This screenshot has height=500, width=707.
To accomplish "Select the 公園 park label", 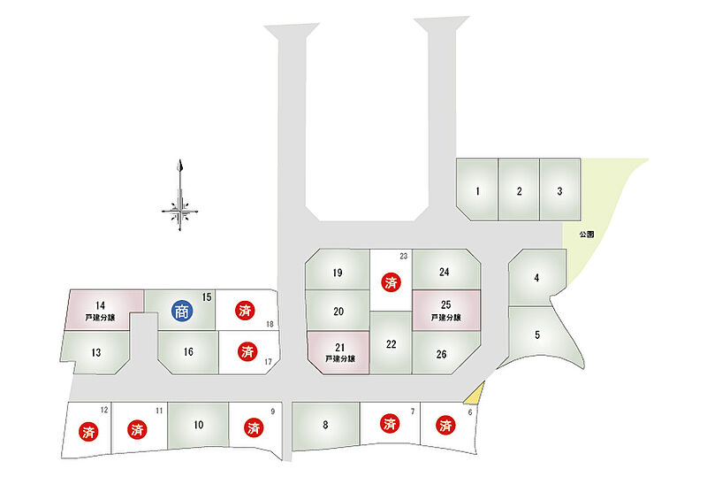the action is click(587, 235).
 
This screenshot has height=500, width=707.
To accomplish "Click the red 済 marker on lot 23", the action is click(391, 283).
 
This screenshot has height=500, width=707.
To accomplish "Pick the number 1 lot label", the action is click(477, 191).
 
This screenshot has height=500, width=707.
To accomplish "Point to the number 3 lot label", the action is click(559, 191).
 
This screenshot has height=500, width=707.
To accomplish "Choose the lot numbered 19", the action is click(337, 273).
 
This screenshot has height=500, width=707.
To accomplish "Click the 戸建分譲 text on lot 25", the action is click(447, 317).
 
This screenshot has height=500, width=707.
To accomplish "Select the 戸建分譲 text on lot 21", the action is click(338, 359).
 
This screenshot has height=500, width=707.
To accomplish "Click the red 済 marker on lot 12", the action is click(88, 432).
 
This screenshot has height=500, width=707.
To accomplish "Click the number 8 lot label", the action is click(325, 426).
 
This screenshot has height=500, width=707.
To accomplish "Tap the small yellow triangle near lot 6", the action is click(475, 394).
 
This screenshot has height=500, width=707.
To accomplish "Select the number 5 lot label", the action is click(537, 335).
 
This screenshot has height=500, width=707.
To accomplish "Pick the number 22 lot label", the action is click(391, 343).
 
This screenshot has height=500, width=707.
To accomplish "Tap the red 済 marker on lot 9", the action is click(253, 428).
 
